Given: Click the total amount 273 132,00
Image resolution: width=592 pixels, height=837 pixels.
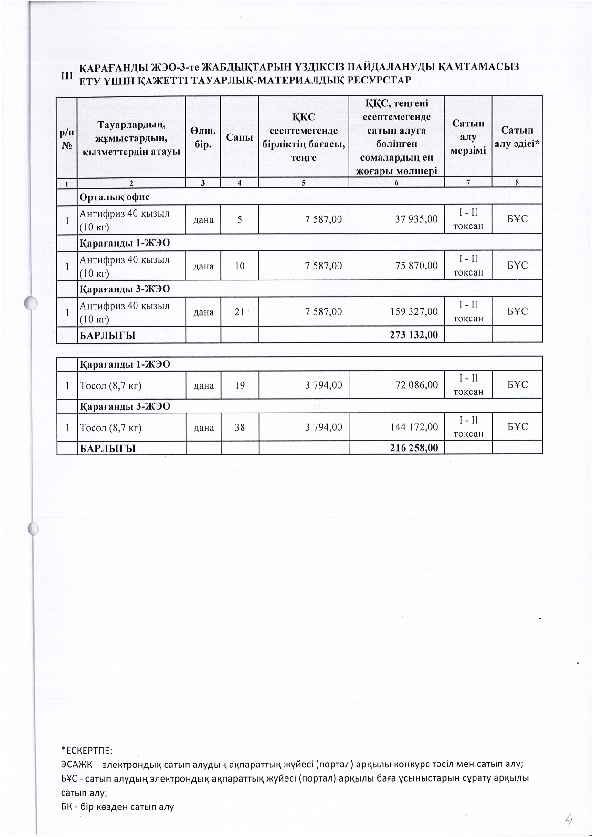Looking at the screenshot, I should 413,335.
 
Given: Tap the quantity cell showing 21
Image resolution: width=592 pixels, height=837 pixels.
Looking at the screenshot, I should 239,312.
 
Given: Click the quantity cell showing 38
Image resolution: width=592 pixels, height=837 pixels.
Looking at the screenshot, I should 239,427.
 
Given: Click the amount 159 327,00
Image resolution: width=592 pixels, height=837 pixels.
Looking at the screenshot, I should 413,312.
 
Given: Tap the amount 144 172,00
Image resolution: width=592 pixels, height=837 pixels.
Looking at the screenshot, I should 413,427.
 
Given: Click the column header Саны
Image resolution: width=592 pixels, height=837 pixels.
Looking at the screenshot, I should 239,137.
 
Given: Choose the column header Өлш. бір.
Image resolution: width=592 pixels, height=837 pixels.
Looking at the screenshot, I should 203,137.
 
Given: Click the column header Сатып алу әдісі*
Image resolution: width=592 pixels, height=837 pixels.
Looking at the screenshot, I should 517,137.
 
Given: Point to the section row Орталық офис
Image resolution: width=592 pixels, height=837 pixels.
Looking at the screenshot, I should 115,197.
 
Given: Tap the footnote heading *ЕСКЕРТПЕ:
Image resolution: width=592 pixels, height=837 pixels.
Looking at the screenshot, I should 86,750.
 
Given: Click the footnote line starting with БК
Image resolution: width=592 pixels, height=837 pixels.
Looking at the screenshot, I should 117,807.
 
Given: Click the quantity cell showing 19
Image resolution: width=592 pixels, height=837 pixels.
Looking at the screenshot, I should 239,385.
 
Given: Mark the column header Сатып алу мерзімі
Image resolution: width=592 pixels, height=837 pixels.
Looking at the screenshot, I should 468,137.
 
